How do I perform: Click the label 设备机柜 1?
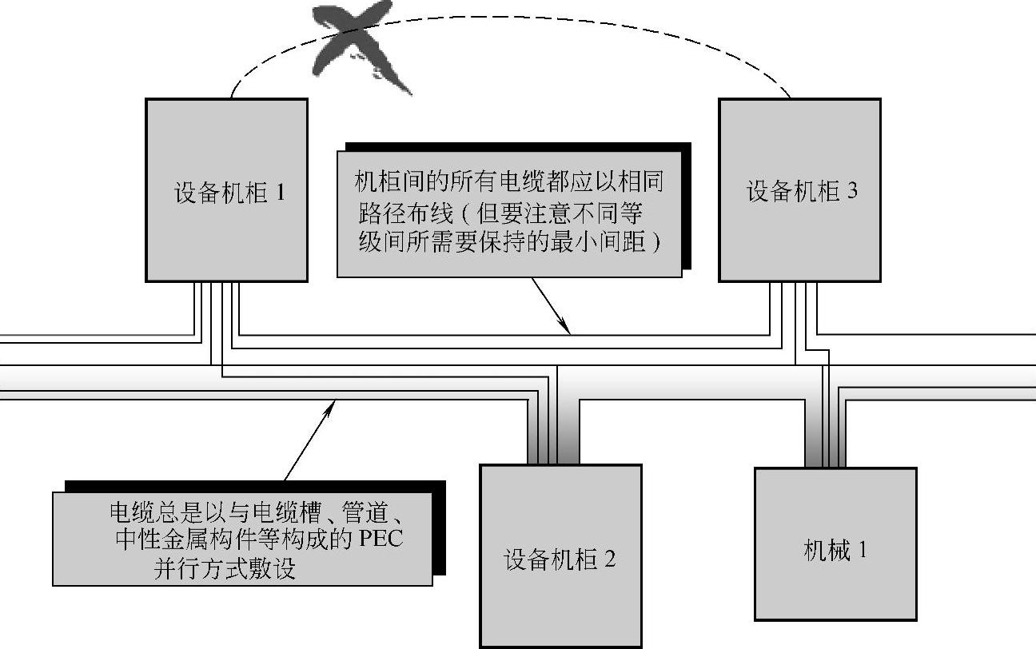[229, 193]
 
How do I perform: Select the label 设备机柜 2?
[560, 559]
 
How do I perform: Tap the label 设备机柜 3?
[802, 192]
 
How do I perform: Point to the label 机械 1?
[835, 551]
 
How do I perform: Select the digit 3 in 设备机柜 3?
[851, 192]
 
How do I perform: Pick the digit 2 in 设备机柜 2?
[610, 559]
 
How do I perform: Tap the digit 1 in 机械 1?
[862, 551]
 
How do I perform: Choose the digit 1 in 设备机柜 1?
[279, 193]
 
